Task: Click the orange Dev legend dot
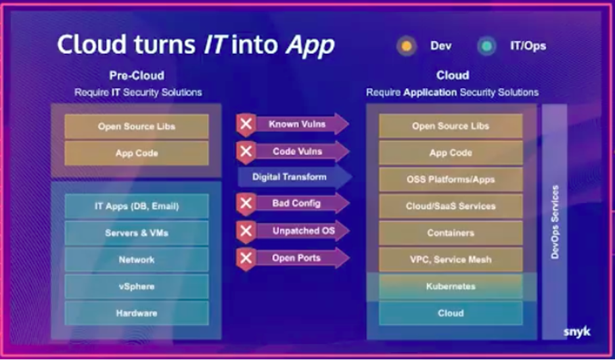(x=406, y=46)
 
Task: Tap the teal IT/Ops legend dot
(x=487, y=46)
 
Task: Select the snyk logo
(x=577, y=332)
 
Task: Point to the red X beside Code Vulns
(x=246, y=151)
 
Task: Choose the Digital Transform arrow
(x=294, y=177)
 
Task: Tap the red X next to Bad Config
(x=246, y=204)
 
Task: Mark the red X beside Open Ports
(x=246, y=258)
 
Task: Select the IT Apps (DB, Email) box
(x=137, y=206)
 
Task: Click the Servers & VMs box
(x=137, y=233)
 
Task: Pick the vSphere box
(x=137, y=286)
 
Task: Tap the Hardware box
(x=137, y=313)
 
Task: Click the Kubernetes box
(x=451, y=286)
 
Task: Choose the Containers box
(x=451, y=233)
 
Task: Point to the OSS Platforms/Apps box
(x=451, y=179)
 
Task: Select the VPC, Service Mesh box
(x=451, y=259)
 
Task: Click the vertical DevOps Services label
(x=555, y=222)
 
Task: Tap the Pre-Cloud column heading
(x=137, y=76)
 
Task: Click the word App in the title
(x=310, y=45)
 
